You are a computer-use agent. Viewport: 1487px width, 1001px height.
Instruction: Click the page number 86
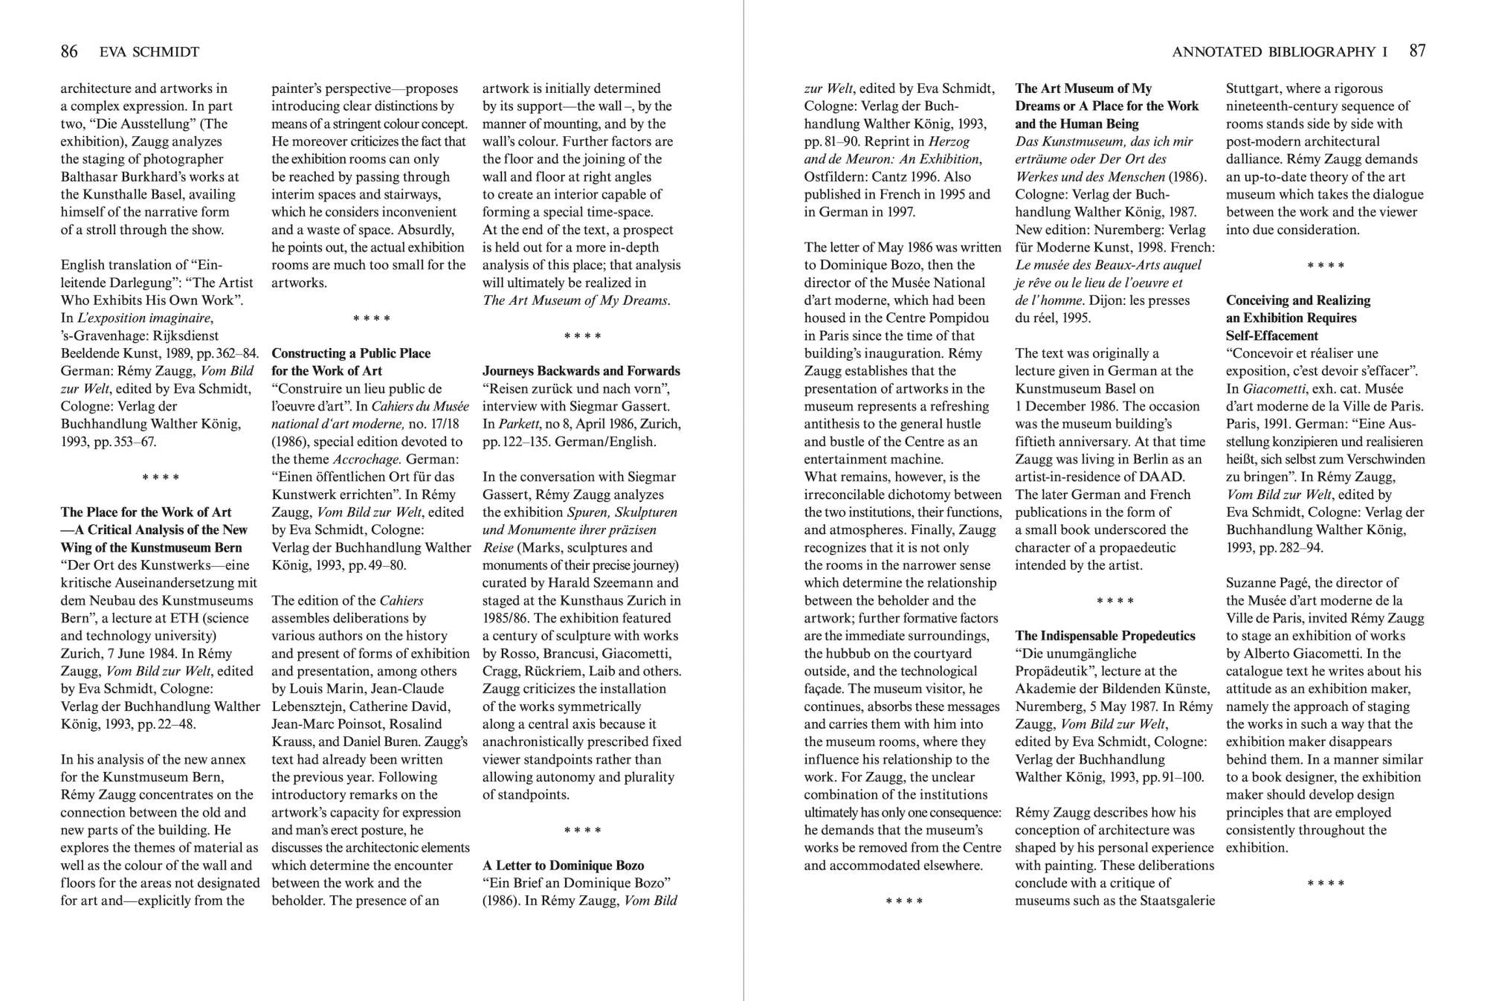point(69,51)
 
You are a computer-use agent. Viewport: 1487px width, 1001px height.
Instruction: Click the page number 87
point(1417,51)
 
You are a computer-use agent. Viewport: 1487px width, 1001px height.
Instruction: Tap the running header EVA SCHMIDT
point(149,52)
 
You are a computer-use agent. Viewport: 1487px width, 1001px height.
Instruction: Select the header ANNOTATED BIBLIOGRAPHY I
point(1279,52)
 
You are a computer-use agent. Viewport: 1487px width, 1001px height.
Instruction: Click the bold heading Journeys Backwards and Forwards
point(581,370)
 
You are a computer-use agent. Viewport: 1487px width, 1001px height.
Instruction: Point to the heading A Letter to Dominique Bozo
point(563,865)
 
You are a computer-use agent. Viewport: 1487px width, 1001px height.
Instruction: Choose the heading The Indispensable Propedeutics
point(1105,635)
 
